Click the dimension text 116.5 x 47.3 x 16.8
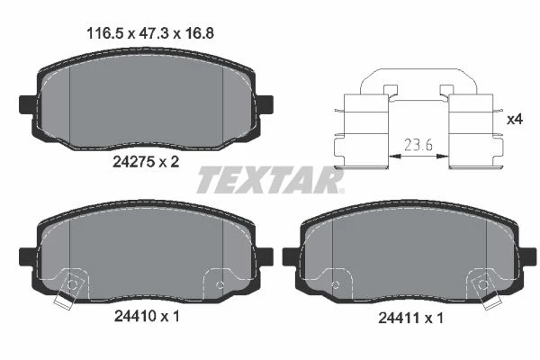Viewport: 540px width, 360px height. (x=150, y=34)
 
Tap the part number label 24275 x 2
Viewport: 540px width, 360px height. (x=146, y=161)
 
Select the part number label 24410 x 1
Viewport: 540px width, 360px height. (x=147, y=316)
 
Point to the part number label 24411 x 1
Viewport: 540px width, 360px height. (x=410, y=318)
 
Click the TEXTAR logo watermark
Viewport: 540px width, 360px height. (x=270, y=179)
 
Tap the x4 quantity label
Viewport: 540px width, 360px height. (x=515, y=119)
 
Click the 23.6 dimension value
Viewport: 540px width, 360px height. (x=418, y=145)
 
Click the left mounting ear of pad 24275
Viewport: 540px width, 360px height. (x=28, y=104)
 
